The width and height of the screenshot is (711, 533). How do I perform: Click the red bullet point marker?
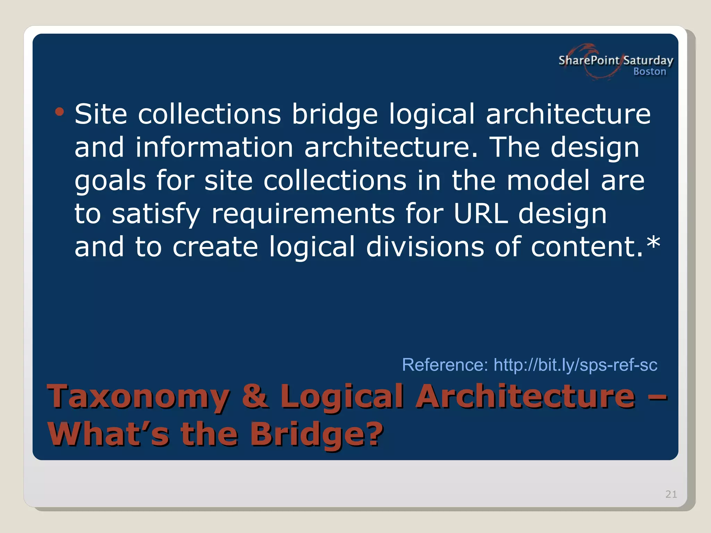point(59,112)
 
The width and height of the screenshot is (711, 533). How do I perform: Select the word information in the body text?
point(214,147)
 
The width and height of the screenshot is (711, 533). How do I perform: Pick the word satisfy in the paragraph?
point(156,214)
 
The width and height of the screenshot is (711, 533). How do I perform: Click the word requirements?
point(303,214)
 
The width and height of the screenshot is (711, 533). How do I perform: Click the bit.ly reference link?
point(575,365)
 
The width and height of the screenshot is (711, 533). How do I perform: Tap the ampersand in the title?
point(255,396)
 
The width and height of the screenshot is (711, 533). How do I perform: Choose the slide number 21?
point(671,494)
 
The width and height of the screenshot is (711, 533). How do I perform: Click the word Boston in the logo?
point(650,71)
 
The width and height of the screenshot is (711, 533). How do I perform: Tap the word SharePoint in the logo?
point(589,60)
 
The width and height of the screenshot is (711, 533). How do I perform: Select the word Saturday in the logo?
point(648,61)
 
